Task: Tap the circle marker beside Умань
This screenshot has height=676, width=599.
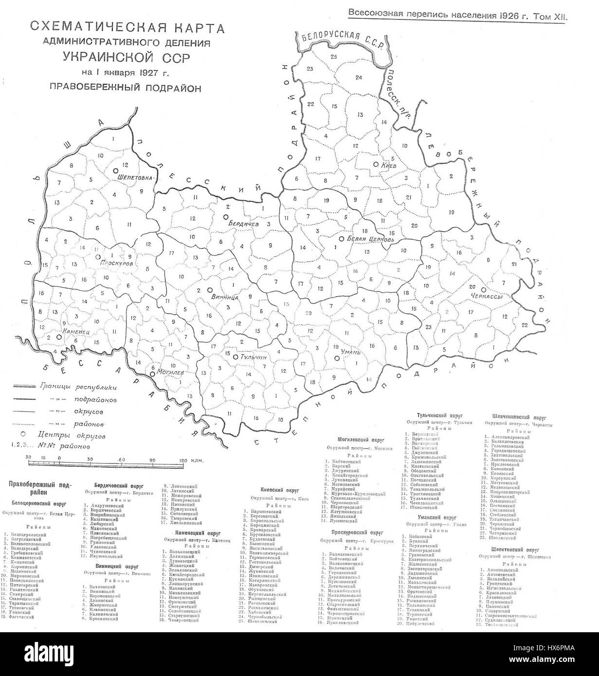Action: (336, 358)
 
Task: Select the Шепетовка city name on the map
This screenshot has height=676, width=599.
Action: (136, 178)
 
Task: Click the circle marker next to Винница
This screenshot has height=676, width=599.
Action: (209, 289)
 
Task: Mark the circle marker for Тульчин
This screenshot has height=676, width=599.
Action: (236, 357)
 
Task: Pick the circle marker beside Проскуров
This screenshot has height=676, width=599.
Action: (98, 256)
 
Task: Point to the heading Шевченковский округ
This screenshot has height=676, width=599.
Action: (515, 417)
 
